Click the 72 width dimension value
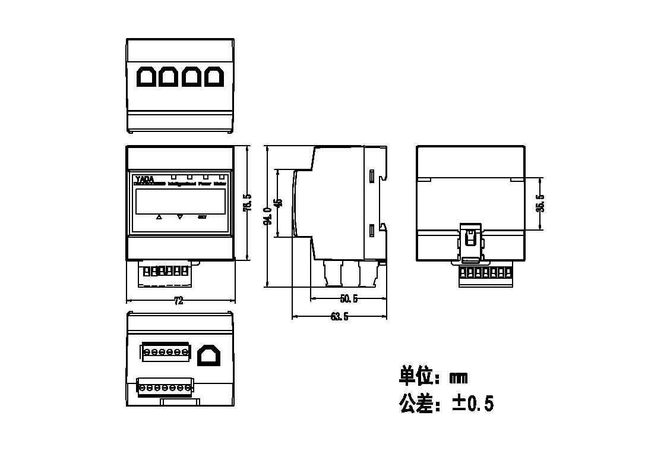click(x=178, y=301)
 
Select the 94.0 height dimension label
click(x=268, y=216)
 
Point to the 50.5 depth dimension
click(x=349, y=298)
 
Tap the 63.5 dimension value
click(x=339, y=317)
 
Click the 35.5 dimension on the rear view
click(x=540, y=203)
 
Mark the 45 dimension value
click(x=279, y=203)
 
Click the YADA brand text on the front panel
click(x=144, y=178)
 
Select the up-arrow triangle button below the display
click(x=159, y=217)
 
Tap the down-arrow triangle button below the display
click(x=181, y=217)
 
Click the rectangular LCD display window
click(x=180, y=201)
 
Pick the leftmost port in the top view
click(x=146, y=77)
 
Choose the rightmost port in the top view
click(x=214, y=77)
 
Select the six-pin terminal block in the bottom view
click(x=165, y=352)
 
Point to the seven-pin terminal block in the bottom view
click(x=165, y=388)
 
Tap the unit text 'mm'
click(x=459, y=377)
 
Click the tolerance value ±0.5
click(x=473, y=404)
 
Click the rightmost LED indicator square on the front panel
click(x=222, y=177)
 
